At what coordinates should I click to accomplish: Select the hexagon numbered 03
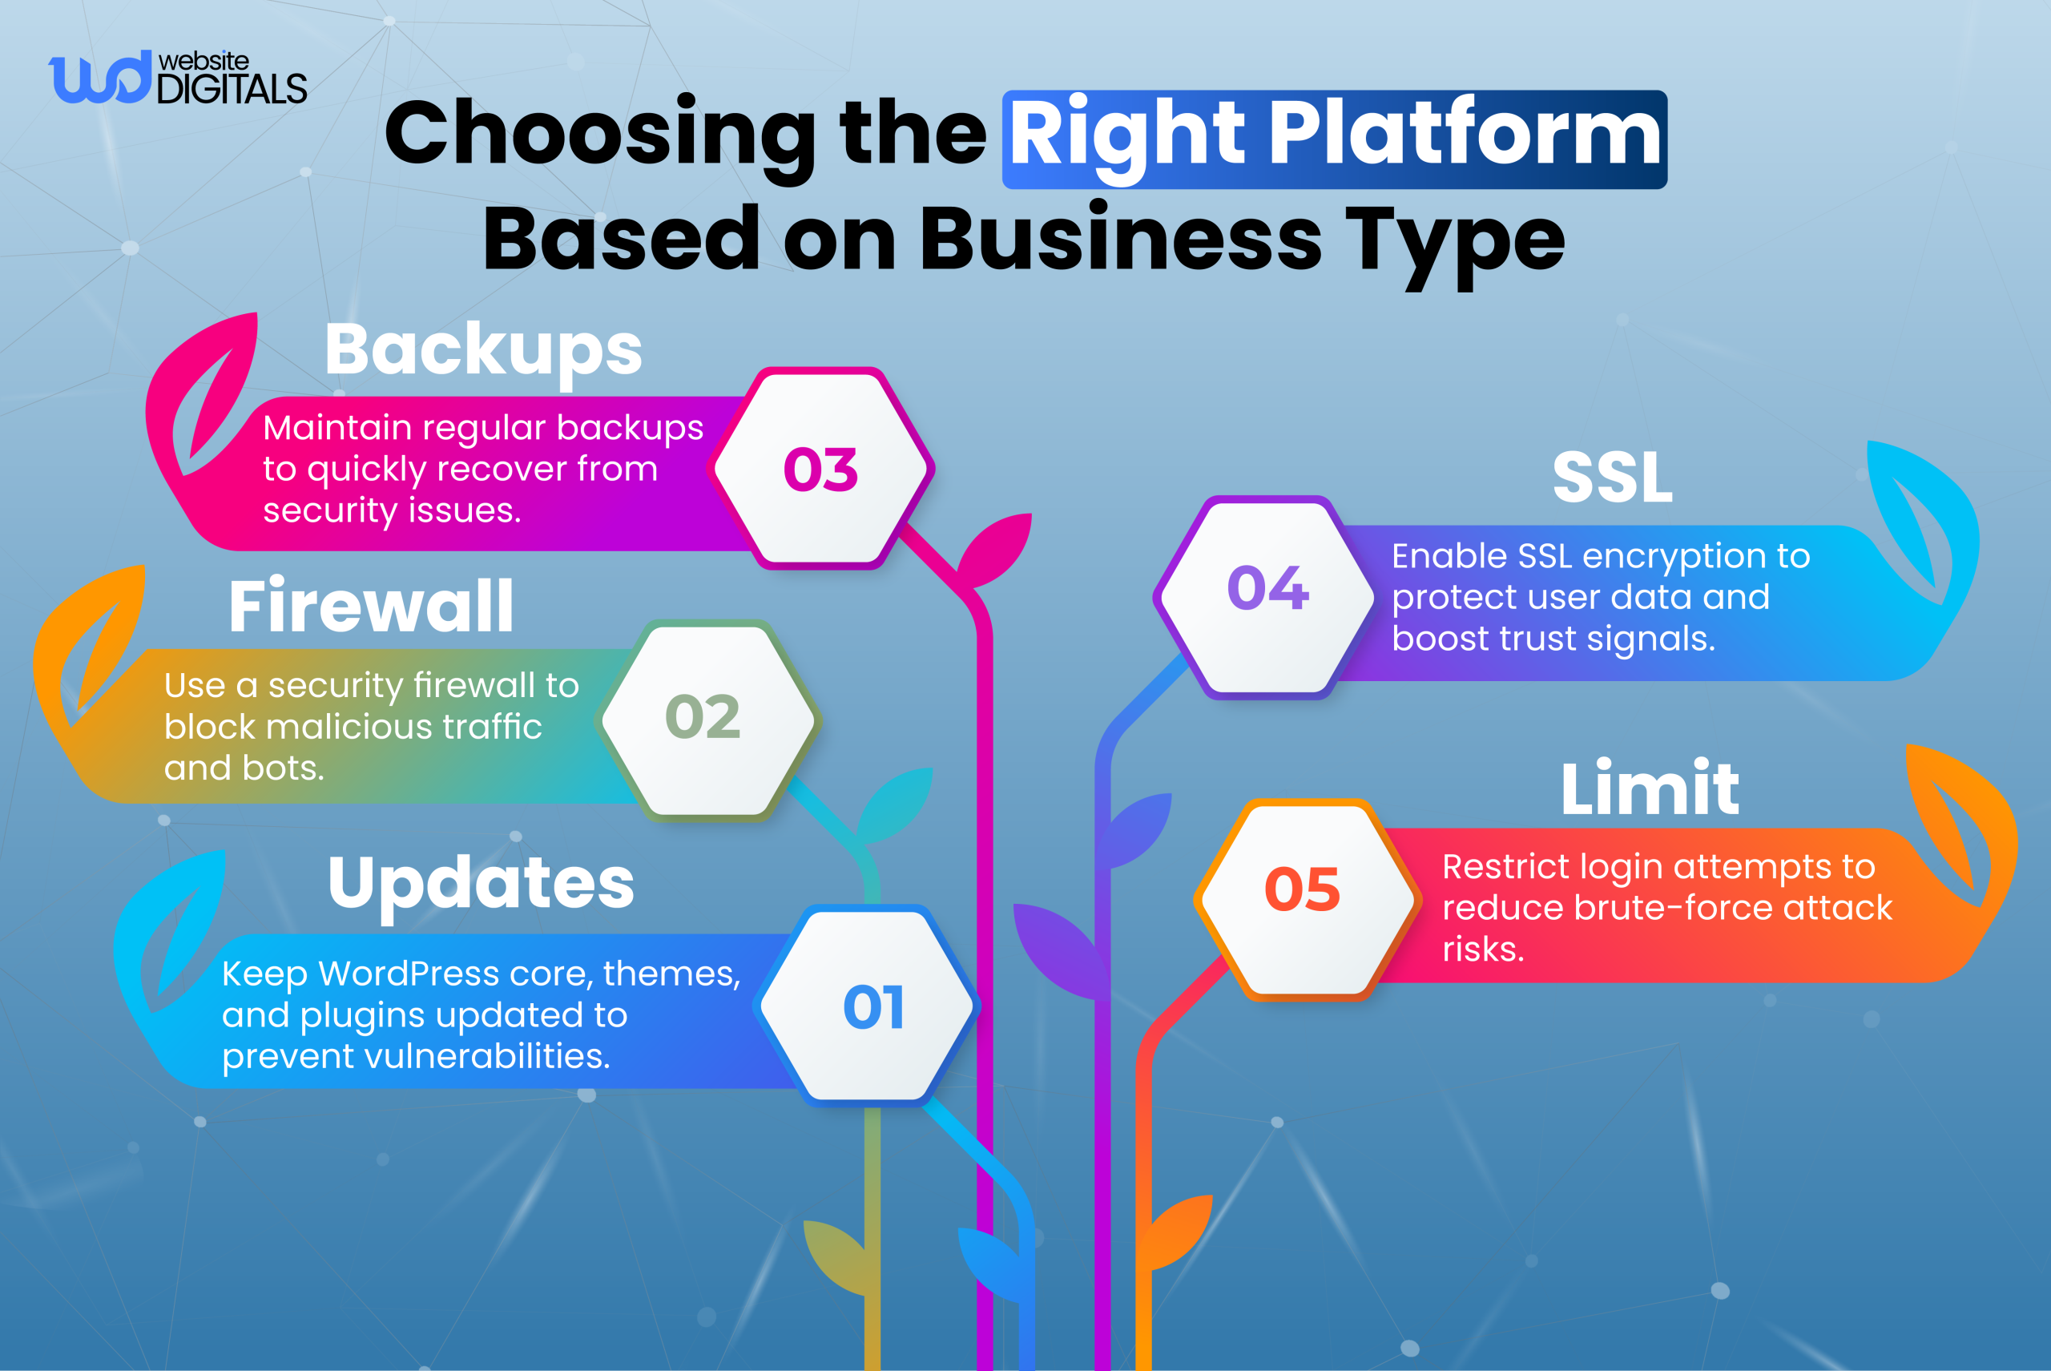point(821,470)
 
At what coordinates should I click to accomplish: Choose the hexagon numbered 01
point(872,1007)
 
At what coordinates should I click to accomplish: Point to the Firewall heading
point(371,606)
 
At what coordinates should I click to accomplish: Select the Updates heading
point(481,882)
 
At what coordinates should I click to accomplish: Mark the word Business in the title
point(1120,239)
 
